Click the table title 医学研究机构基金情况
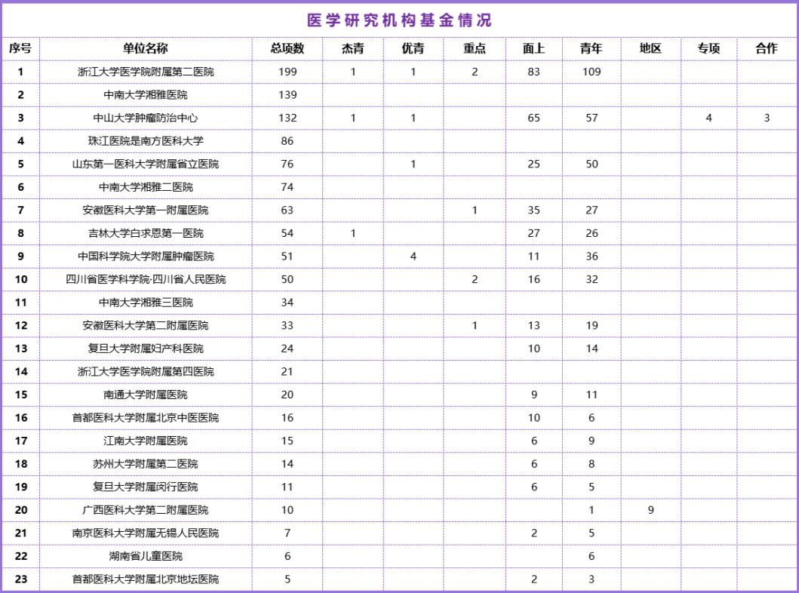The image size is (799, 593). click(x=399, y=20)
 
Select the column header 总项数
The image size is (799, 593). click(x=287, y=48)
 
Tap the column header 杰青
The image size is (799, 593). click(x=352, y=48)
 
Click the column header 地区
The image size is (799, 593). click(x=650, y=48)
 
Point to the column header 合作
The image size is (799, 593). click(x=766, y=48)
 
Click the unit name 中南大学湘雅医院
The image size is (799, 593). click(x=146, y=95)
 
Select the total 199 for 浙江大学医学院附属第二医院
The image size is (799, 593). click(x=287, y=72)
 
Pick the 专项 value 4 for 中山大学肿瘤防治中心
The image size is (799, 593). click(x=708, y=118)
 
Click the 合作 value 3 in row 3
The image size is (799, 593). click(x=767, y=118)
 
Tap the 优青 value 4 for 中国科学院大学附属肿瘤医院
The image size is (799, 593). click(x=413, y=257)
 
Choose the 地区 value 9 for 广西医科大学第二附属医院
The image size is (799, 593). click(x=650, y=510)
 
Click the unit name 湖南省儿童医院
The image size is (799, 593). click(x=146, y=556)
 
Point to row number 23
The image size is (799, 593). click(x=20, y=579)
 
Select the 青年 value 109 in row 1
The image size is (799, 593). click(x=592, y=72)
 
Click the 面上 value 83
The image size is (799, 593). click(x=534, y=72)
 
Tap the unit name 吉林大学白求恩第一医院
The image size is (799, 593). click(x=146, y=233)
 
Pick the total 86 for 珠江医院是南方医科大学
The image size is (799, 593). click(x=287, y=141)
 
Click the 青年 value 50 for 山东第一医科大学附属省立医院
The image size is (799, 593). click(x=592, y=164)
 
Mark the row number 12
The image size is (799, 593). click(x=20, y=325)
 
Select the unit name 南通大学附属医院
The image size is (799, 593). click(x=146, y=395)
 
